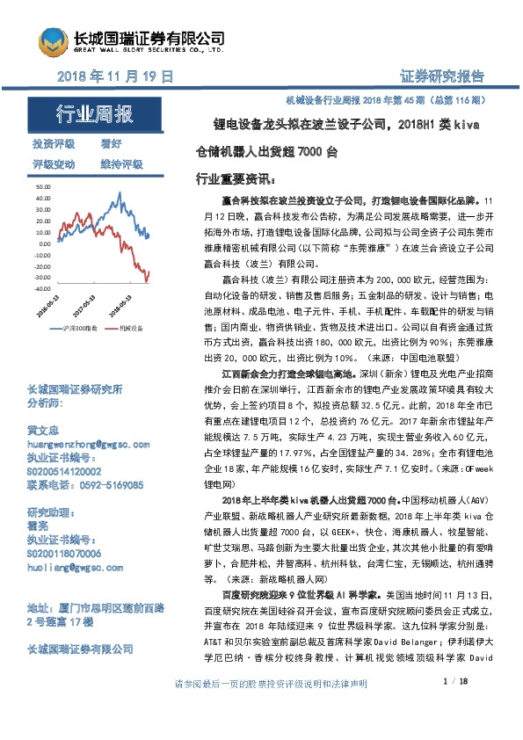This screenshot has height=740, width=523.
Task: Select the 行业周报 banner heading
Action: coord(95,114)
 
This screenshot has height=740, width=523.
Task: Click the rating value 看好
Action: coord(111,144)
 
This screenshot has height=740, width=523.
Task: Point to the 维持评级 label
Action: coord(122,163)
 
